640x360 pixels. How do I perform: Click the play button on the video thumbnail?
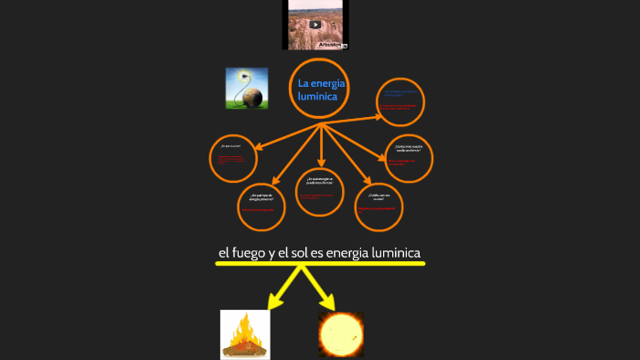tap(315, 25)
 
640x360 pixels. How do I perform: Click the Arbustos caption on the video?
tap(330, 44)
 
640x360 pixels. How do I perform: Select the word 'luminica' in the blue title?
tap(318, 96)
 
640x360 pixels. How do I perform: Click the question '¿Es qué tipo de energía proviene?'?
tap(261, 196)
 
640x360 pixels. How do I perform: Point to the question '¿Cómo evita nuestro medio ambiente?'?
tap(408, 148)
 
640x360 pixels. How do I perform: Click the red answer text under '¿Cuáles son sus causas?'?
tap(377, 208)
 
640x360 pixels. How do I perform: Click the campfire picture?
tap(245, 334)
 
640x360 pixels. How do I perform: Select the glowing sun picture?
tap(341, 334)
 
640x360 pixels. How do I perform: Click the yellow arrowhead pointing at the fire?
tap(272, 302)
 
